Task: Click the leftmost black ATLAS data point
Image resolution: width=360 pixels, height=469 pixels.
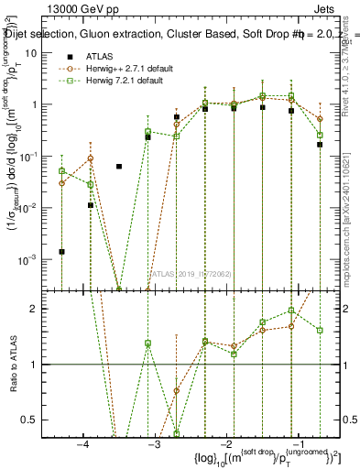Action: pos(61,251)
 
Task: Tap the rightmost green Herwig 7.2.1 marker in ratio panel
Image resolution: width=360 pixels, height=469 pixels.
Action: pos(320,330)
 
